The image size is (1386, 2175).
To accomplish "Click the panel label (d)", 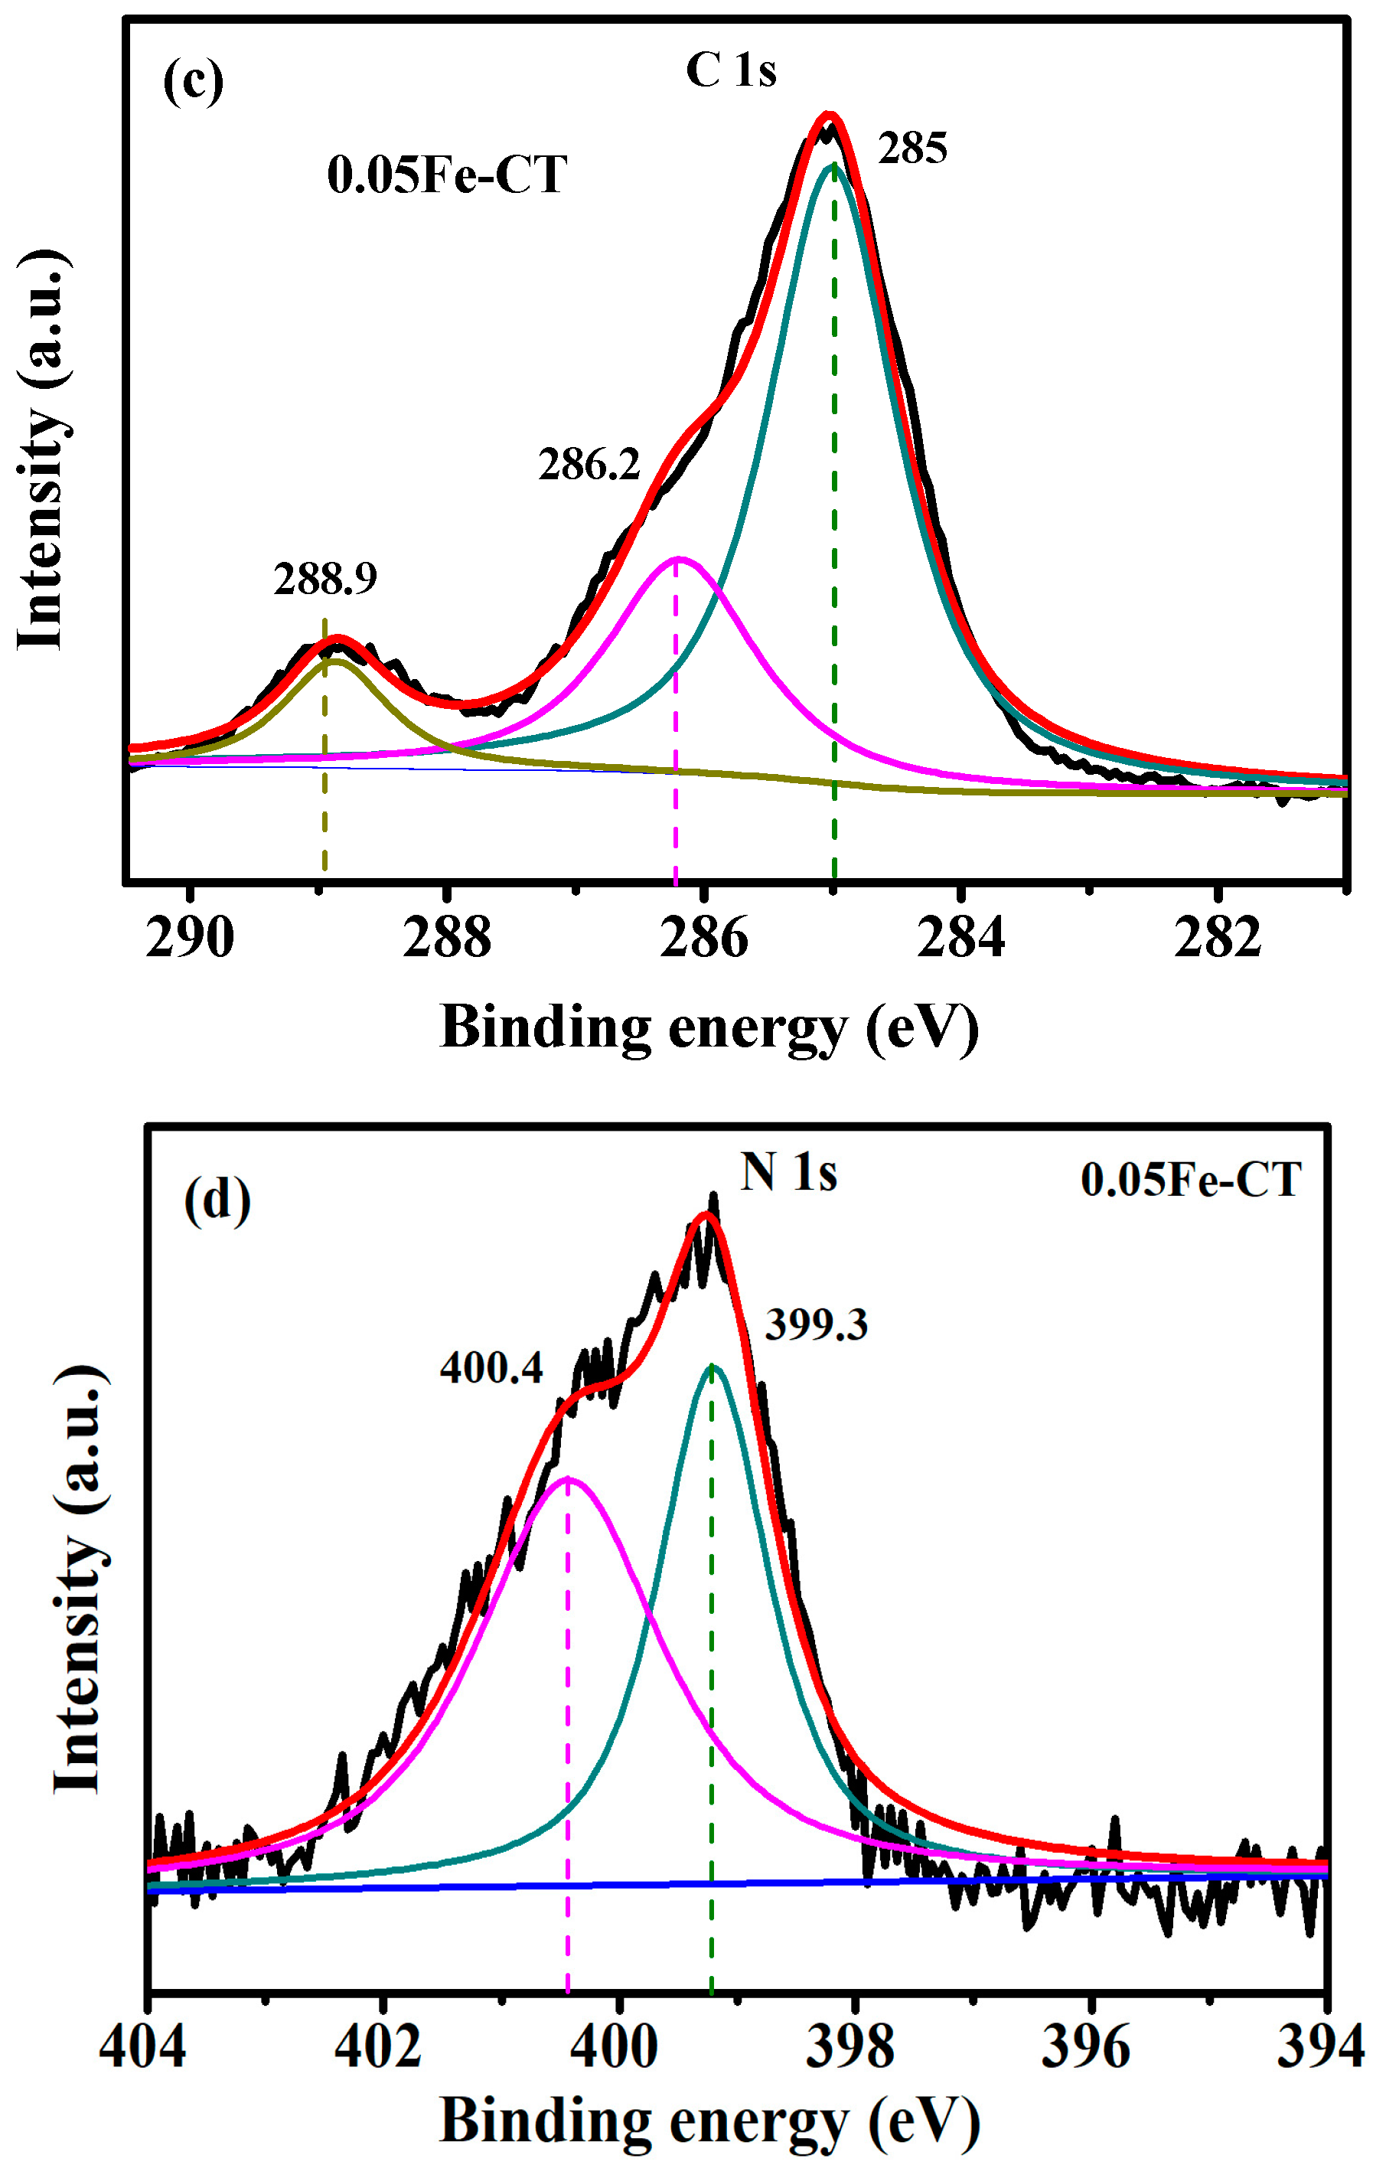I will (x=217, y=1202).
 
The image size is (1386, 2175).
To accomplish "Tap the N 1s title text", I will (x=788, y=1174).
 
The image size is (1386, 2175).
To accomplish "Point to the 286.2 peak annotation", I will (x=589, y=465).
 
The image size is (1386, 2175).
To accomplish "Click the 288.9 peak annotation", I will (x=325, y=579).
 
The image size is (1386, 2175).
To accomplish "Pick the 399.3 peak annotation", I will (x=817, y=1326).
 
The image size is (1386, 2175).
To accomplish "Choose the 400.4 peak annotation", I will (x=491, y=1368).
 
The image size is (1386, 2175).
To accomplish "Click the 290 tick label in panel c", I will (x=190, y=939).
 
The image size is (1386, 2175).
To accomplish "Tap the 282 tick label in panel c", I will (x=1217, y=939).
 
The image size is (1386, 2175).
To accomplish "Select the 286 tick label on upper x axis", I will (x=703, y=939).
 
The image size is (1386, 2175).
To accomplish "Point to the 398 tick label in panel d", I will (x=850, y=2048).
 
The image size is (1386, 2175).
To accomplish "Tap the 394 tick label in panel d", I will (x=1320, y=2048).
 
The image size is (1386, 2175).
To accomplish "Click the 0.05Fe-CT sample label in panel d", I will (x=1190, y=1181).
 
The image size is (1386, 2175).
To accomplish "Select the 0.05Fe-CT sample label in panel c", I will (x=447, y=175).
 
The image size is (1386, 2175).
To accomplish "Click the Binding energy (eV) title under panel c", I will (x=709, y=1029).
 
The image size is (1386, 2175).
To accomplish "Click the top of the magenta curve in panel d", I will (x=568, y=1478).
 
